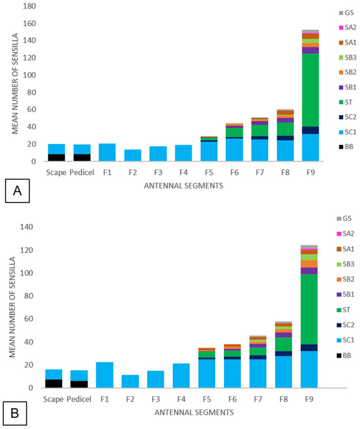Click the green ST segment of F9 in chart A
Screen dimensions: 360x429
(x=310, y=90)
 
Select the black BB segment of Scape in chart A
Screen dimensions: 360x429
(x=56, y=158)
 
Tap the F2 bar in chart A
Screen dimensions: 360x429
(x=133, y=155)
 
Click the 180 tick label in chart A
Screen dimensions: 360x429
(x=29, y=6)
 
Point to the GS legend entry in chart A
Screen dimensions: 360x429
(x=346, y=13)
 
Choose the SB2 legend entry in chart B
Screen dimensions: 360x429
(x=345, y=280)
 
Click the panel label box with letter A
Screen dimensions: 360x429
(x=17, y=191)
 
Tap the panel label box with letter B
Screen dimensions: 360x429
(x=15, y=413)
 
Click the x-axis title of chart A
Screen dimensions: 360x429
(x=183, y=186)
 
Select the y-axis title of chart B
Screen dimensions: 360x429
(x=12, y=307)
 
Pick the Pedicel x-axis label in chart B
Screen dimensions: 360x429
(x=79, y=399)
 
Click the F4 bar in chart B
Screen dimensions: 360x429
(x=181, y=375)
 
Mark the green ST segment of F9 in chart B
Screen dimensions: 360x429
(x=309, y=309)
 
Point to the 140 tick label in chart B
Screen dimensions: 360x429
(x=27, y=227)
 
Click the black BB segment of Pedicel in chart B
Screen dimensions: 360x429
(x=79, y=384)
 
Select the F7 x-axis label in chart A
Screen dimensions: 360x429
(x=260, y=173)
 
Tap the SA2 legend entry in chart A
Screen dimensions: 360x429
(x=348, y=28)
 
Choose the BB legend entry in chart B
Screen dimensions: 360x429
(x=344, y=356)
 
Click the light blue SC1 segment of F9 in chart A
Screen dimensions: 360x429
(x=310, y=147)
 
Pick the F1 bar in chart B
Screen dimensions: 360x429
(x=105, y=375)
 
